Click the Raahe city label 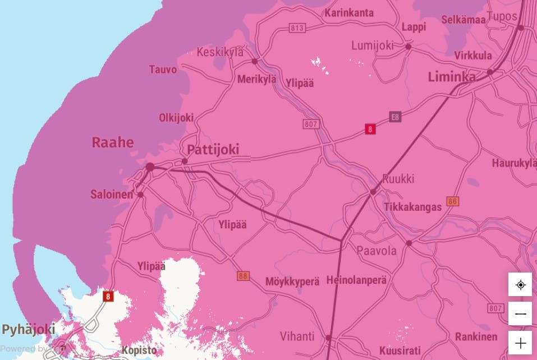pyautogui.click(x=113, y=142)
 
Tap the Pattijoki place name pyautogui.click(x=213, y=149)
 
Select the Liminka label pyautogui.click(x=452, y=77)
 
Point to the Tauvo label pyautogui.click(x=163, y=70)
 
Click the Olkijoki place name pyautogui.click(x=176, y=117)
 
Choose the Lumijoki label pyautogui.click(x=373, y=45)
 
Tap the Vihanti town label pyautogui.click(x=297, y=337)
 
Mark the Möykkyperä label pyautogui.click(x=292, y=281)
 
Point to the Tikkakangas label pyautogui.click(x=412, y=207)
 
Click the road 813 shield pyautogui.click(x=297, y=27)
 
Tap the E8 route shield pyautogui.click(x=396, y=117)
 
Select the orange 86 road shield pyautogui.click(x=453, y=201)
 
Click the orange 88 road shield pyautogui.click(x=243, y=276)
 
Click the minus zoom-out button pyautogui.click(x=520, y=314)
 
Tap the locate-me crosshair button pyautogui.click(x=520, y=285)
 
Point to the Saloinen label pyautogui.click(x=112, y=195)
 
